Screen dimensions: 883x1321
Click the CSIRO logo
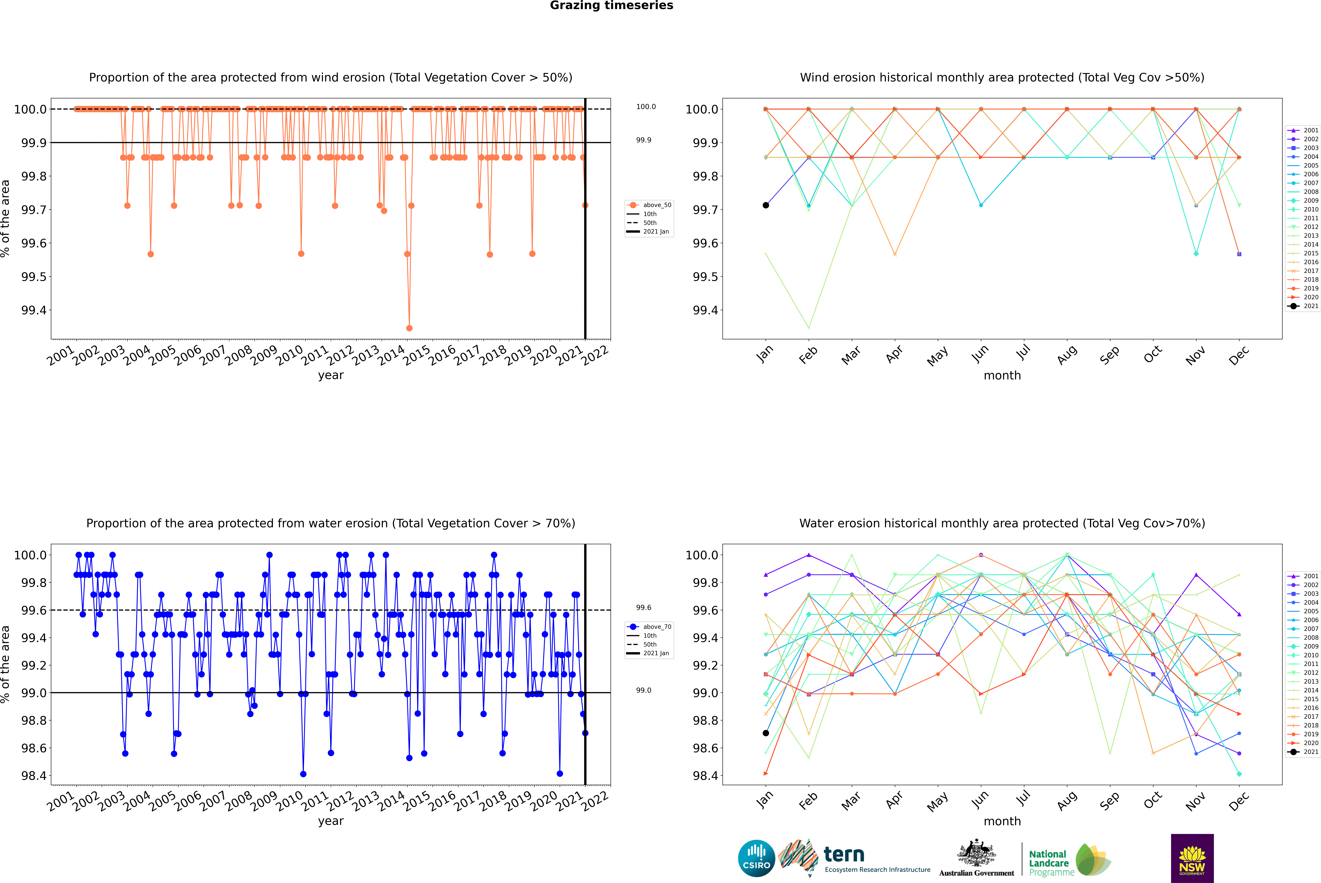tap(756, 858)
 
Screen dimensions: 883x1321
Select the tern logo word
tap(843, 854)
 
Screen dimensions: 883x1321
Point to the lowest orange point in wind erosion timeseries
tap(409, 328)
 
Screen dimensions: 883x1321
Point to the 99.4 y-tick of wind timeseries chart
tap(34, 310)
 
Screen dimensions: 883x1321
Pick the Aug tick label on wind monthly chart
tap(1067, 355)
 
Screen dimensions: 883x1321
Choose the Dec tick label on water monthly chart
tap(1239, 801)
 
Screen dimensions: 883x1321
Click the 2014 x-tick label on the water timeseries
tap(391, 801)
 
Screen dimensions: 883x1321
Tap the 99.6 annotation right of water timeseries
tap(644, 608)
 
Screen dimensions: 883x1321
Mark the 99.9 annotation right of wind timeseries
tap(644, 140)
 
